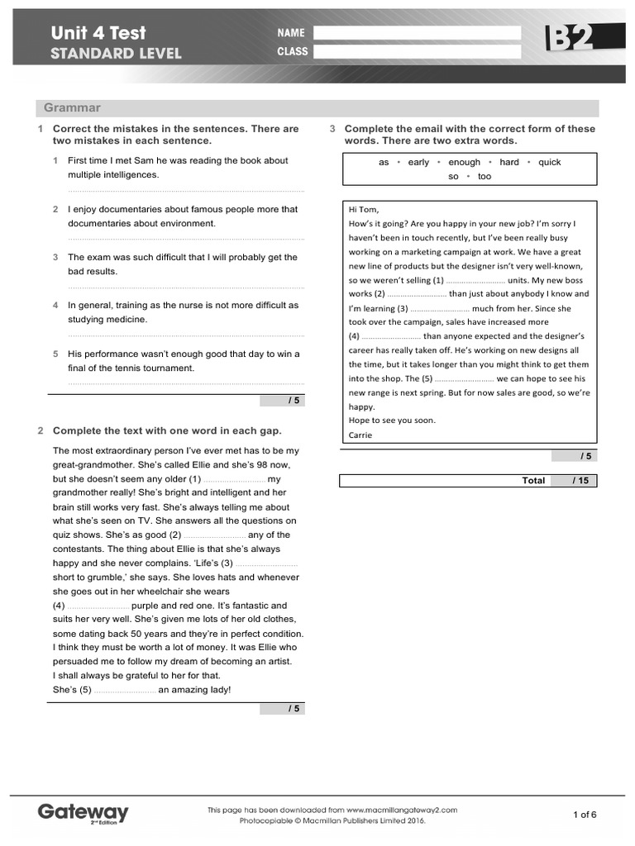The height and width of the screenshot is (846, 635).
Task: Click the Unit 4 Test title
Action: coord(98,33)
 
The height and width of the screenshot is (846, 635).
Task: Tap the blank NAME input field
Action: coord(417,33)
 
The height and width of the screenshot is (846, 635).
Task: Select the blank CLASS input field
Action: coord(417,51)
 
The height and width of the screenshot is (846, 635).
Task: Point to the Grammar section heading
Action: coord(72,108)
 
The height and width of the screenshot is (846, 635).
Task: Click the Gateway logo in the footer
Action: coord(83,812)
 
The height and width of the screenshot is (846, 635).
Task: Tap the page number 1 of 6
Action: coord(585,815)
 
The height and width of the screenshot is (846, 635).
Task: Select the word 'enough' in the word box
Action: coord(464,163)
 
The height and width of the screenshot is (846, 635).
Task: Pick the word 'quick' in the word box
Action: coord(549,163)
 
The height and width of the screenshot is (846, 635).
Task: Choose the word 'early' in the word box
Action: coord(418,163)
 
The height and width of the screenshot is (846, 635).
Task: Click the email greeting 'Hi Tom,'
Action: coord(364,209)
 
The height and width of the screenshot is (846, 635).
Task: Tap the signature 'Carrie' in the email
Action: coord(360,435)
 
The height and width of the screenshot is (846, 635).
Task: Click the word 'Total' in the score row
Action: coord(533,481)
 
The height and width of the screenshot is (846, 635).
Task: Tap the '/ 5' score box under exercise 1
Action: coord(282,401)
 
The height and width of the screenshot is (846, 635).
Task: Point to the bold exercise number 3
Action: coord(332,129)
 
